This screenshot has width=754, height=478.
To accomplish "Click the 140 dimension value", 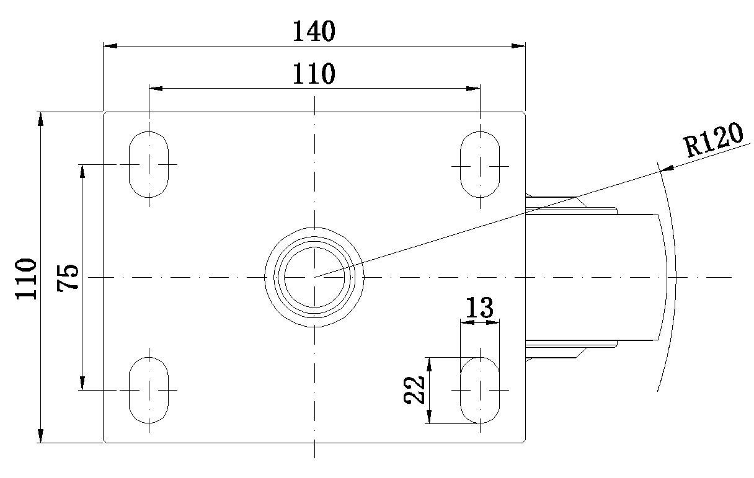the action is [314, 31].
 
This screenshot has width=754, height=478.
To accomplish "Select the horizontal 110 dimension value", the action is [314, 73].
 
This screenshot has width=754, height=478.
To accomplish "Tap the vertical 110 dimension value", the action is [26, 279].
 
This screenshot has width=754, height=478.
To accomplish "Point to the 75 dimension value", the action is [68, 278].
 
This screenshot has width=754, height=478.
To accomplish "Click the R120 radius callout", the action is [713, 140].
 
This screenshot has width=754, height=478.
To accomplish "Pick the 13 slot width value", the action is [479, 308].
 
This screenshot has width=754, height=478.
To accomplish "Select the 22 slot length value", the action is [414, 390].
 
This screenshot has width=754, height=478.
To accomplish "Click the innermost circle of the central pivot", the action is [314, 247].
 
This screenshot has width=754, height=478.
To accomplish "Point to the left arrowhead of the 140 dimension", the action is [110, 46].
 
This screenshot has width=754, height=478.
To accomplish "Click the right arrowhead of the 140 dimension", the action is [518, 46].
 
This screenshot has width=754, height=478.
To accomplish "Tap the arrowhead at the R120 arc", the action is [667, 168].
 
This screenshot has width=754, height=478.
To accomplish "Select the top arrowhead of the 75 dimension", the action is [82, 171].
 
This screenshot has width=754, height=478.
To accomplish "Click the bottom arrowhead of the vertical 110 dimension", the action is [40, 436].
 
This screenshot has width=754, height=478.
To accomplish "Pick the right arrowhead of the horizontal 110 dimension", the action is [473, 89].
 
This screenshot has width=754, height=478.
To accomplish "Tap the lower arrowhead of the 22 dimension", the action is [429, 417].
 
